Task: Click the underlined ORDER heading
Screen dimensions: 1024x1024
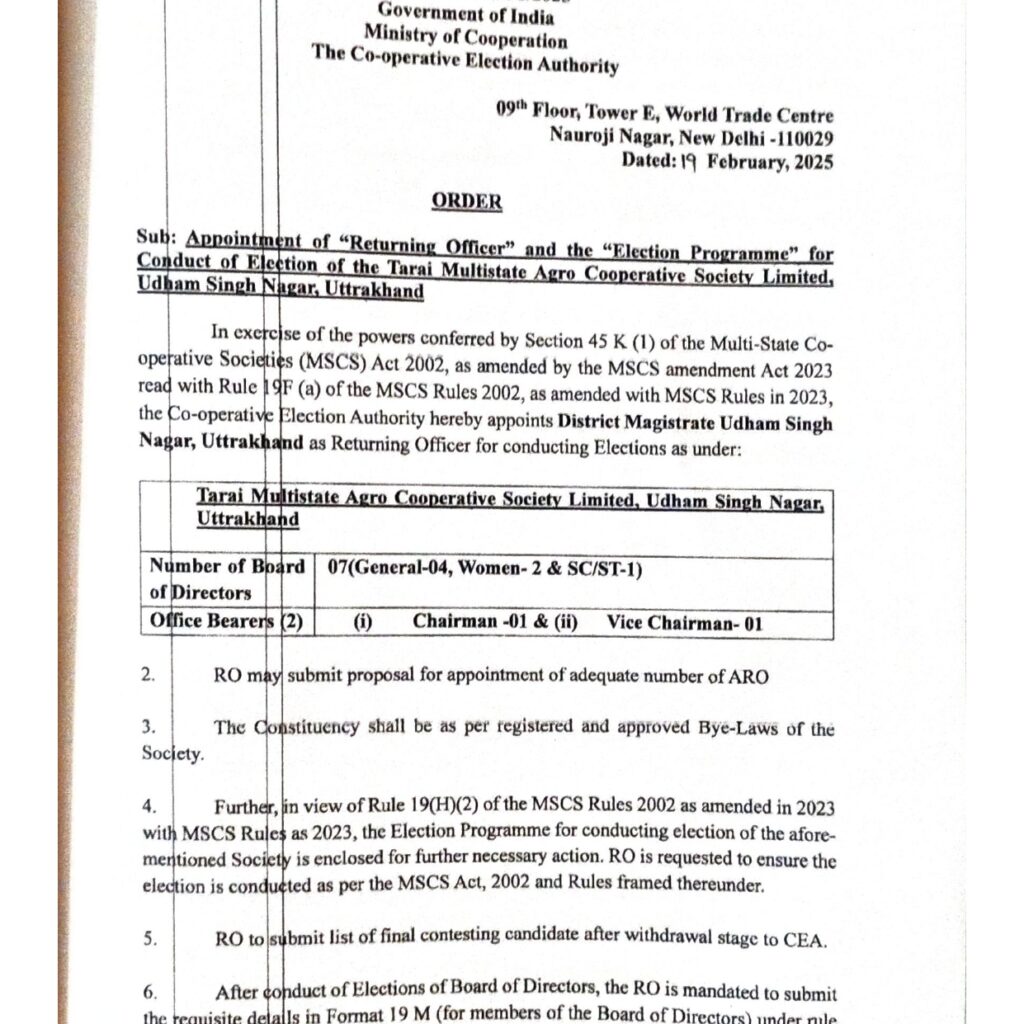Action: tap(466, 202)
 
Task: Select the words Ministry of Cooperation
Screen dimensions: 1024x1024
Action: tap(465, 39)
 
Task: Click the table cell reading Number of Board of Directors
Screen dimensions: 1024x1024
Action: tap(227, 579)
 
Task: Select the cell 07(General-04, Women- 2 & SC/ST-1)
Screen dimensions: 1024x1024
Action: tap(484, 568)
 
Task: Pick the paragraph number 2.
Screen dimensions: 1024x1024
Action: tap(148, 676)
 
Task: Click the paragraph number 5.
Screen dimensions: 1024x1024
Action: tap(149, 939)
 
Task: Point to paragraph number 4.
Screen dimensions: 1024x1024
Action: tap(149, 806)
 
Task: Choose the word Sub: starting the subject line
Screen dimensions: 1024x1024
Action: tap(158, 240)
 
